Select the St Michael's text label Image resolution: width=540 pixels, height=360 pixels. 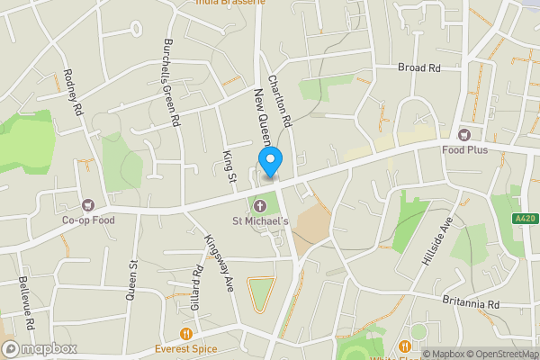(261, 221)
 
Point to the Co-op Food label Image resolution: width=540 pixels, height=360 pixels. (88, 220)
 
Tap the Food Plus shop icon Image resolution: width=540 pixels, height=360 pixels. (464, 135)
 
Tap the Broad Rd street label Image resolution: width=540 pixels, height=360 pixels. (419, 67)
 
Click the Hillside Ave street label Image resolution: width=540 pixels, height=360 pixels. (436, 244)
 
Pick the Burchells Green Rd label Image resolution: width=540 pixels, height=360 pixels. (171, 81)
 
